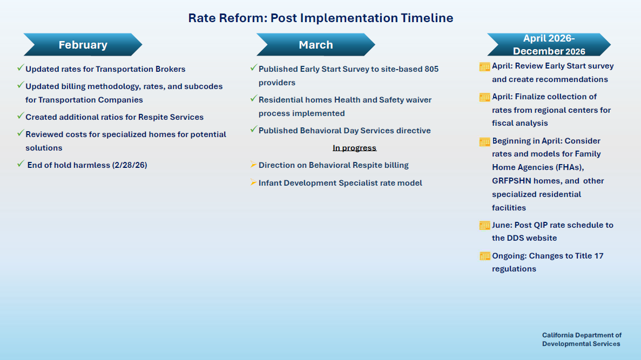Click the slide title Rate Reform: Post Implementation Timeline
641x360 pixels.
tap(320, 18)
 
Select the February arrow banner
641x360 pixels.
tap(83, 45)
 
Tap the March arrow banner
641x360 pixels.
tap(316, 45)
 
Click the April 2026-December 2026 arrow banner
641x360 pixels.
tap(549, 45)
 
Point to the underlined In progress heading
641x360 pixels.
tap(354, 148)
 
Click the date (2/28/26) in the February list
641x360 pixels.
tap(129, 165)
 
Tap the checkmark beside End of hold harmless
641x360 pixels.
tap(21, 164)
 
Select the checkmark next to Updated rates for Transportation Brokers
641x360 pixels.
tap(21, 68)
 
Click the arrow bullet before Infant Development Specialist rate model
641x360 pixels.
tap(253, 182)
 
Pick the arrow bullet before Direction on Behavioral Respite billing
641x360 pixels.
tap(253, 165)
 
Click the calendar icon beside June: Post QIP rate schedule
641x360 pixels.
tap(484, 225)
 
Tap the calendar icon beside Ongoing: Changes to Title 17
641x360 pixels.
tap(484, 256)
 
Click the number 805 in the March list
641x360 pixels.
tap(431, 69)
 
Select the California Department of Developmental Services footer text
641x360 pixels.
tap(582, 339)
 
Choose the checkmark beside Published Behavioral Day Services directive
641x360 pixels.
tap(253, 130)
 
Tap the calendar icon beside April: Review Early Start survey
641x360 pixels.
tap(484, 66)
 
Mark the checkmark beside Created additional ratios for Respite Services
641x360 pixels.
tap(21, 116)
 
